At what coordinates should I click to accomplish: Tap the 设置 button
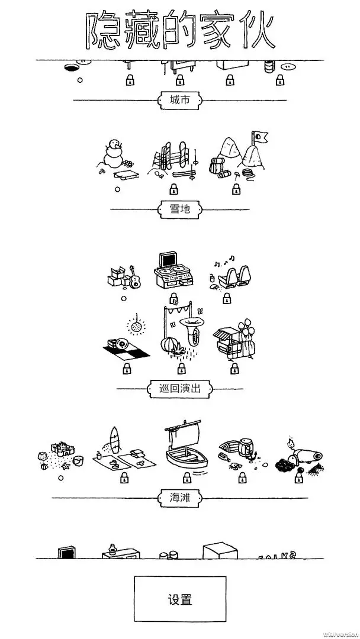[x=179, y=599]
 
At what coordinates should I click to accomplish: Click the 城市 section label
[x=179, y=100]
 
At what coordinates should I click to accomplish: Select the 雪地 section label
[x=179, y=208]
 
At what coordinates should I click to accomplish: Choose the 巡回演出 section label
[x=179, y=389]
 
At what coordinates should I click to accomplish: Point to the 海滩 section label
[x=179, y=498]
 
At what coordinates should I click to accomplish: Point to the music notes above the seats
[x=223, y=260]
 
